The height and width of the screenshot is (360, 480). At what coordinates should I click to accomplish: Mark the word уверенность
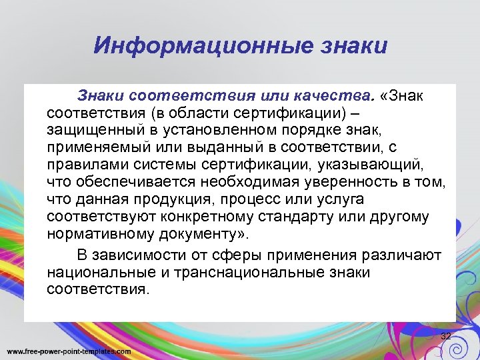click(347, 181)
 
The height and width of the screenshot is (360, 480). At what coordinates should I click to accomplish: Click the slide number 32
click(446, 335)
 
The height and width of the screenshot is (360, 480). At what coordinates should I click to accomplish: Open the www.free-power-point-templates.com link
click(69, 351)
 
